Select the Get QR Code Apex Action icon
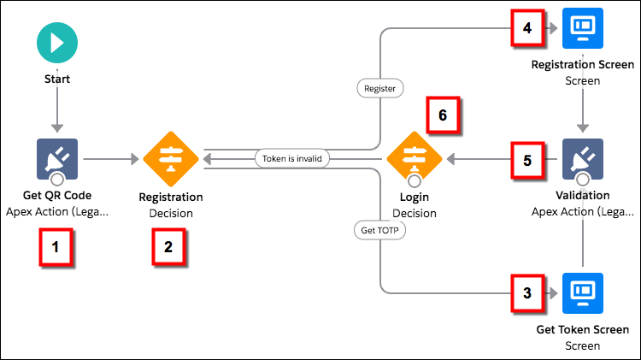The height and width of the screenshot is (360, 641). [57, 159]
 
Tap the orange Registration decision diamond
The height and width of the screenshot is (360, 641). [170, 159]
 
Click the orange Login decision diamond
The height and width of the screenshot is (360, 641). [415, 159]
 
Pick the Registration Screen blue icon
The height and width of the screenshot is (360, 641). [583, 28]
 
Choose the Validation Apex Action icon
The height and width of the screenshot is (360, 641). [583, 159]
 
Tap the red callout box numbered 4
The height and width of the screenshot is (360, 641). [526, 28]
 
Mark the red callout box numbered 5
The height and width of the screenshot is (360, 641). [526, 159]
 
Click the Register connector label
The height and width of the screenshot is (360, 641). [379, 87]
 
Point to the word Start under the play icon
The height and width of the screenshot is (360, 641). [57, 79]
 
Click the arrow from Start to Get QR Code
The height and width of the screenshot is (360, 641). [57, 111]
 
